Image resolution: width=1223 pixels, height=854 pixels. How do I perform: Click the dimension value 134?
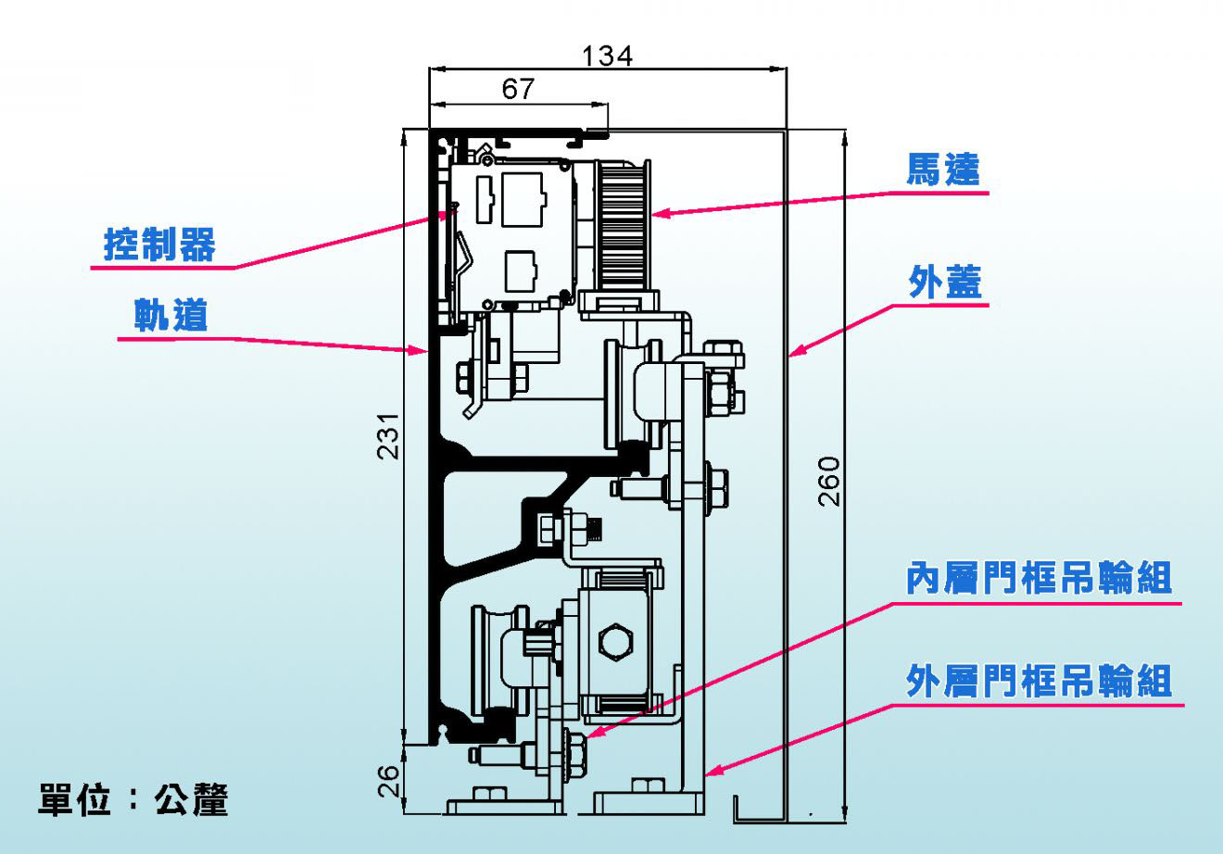pos(607,56)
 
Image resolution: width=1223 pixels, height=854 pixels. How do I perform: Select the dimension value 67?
pos(518,89)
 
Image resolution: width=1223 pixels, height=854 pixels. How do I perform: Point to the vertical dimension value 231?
pos(389,436)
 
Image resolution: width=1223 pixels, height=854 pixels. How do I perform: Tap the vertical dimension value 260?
pos(829,482)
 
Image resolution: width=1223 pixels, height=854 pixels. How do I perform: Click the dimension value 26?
pos(389,782)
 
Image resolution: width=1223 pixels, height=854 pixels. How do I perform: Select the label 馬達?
pos(943,170)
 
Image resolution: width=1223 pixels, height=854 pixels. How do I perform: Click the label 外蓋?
pos(945,282)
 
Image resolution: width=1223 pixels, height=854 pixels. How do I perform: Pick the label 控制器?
pos(160,245)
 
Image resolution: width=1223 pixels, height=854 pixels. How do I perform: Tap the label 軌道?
pos(170,315)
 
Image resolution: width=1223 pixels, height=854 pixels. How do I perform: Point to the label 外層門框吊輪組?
pos(1039,681)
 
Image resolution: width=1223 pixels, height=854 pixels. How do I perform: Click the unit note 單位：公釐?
pos(132,800)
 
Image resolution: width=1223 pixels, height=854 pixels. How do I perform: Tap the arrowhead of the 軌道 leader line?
pos(420,350)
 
